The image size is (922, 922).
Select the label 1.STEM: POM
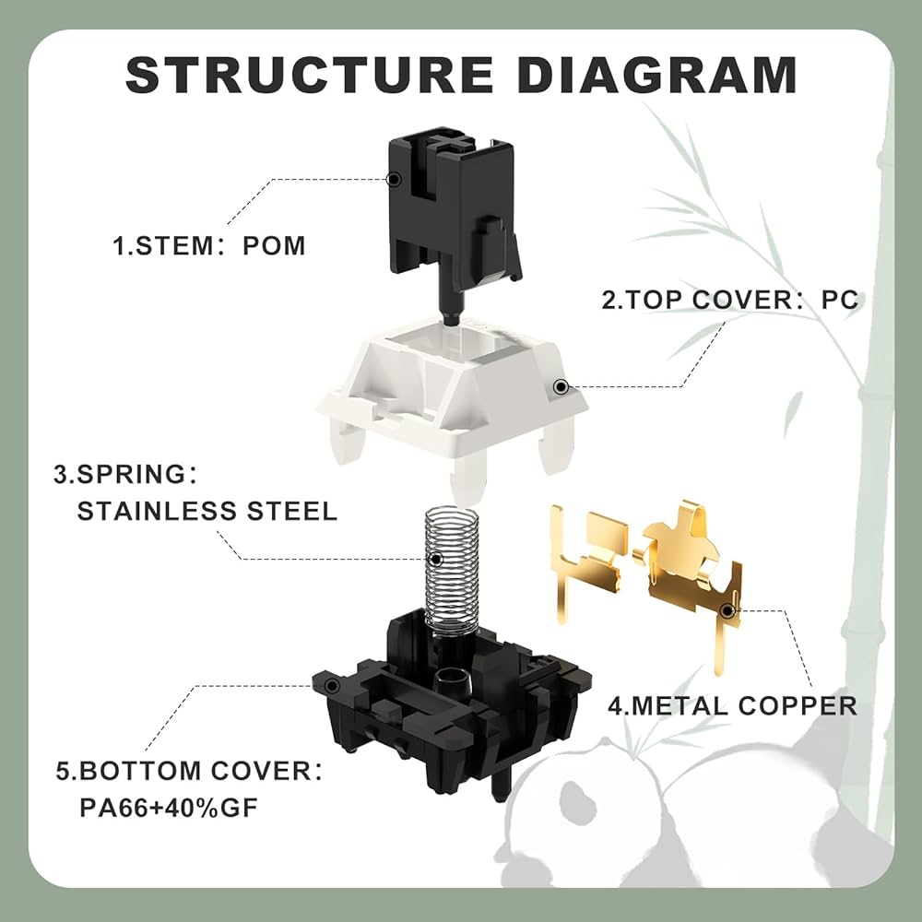[209, 246]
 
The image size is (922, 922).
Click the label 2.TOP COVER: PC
[730, 300]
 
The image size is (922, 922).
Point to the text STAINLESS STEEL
[207, 511]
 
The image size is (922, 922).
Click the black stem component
[452, 207]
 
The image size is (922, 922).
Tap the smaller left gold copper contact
[586, 553]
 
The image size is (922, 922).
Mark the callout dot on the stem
[394, 178]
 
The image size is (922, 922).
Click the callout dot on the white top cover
[559, 389]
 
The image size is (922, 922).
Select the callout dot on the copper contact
[727, 609]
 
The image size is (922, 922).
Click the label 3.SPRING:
[124, 475]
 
